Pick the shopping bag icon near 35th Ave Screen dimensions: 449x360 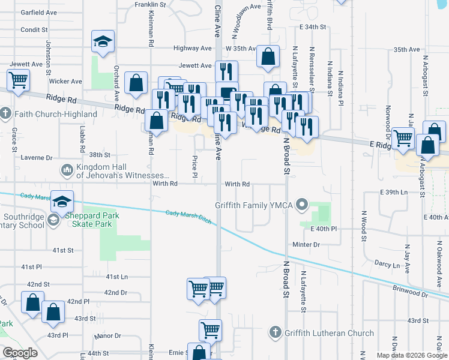tap(268, 57)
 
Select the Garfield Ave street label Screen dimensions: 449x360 tap(38, 12)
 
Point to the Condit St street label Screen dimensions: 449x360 tap(34, 29)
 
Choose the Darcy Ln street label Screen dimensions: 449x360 tap(387, 265)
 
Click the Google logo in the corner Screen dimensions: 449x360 tap(20, 353)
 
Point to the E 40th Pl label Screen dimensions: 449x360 tap(324, 229)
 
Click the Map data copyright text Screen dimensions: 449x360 tap(411, 355)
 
